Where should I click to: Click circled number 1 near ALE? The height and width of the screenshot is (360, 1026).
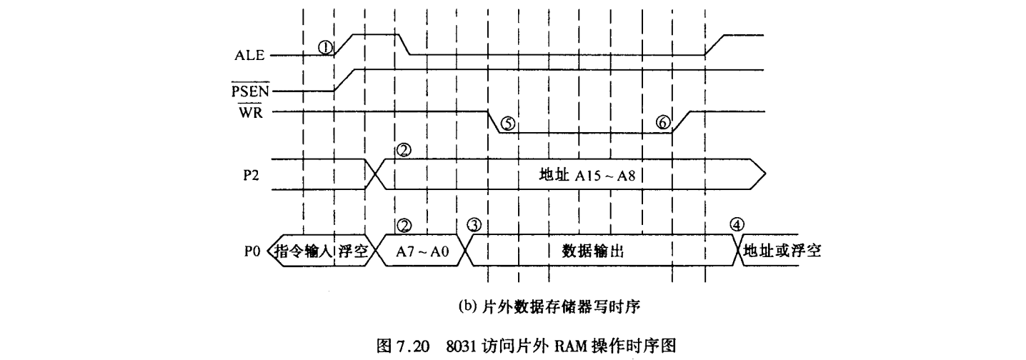[x=326, y=46]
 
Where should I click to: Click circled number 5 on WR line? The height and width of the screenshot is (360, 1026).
[x=507, y=123]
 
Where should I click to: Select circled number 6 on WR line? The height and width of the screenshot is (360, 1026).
[x=664, y=123]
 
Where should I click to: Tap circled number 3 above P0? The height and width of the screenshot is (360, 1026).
[x=473, y=224]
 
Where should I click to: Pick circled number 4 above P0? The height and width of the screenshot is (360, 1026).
[x=737, y=224]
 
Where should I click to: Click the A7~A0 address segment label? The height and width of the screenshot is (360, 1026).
[x=423, y=252]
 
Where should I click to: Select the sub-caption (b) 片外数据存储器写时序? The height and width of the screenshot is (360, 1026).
[x=551, y=308]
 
